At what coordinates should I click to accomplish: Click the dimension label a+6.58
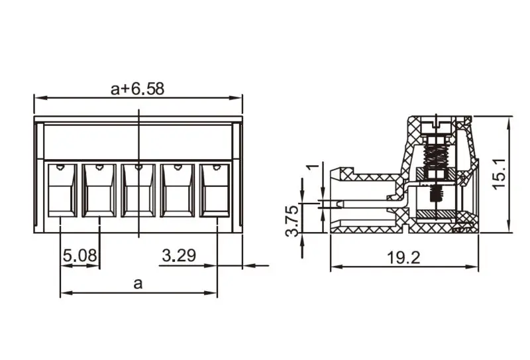pos(137,89)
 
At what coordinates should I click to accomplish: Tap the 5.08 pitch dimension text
pos(79,255)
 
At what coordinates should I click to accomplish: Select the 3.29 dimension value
pos(179,255)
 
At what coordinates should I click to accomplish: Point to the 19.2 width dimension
pos(403,258)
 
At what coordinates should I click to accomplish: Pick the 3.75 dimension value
pos(291,221)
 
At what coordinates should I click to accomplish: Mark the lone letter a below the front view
pos(138,284)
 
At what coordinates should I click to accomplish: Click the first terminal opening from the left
pos(60,190)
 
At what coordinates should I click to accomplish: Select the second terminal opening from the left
pos(99,190)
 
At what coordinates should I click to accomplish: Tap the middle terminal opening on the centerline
pos(138,190)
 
